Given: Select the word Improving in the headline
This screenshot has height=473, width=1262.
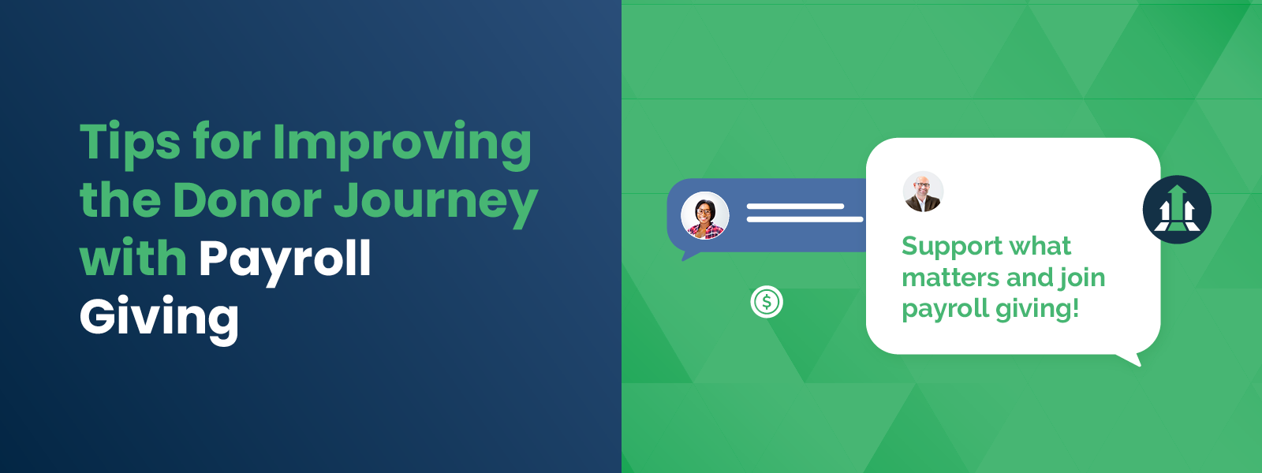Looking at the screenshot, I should click(x=401, y=143).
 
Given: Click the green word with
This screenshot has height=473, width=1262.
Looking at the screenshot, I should click(x=133, y=258).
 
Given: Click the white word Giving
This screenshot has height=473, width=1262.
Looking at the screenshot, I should click(x=159, y=317).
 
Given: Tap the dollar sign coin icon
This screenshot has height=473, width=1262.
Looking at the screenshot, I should click(x=767, y=301).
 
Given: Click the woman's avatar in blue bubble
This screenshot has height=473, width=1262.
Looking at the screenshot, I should click(x=704, y=215).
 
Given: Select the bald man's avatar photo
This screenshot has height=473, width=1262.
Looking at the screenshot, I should click(x=923, y=192).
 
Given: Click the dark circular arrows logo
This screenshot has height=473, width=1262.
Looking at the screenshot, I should click(x=1177, y=210).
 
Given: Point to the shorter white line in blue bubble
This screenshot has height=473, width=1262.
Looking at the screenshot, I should click(x=795, y=207).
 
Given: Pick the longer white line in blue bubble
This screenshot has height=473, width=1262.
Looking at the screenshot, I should click(x=805, y=219).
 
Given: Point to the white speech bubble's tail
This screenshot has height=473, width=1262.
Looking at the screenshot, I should click(x=1131, y=359).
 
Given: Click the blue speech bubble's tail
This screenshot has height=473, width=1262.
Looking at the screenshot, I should click(x=689, y=255).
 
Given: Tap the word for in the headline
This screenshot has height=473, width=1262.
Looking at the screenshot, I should click(x=226, y=143).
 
